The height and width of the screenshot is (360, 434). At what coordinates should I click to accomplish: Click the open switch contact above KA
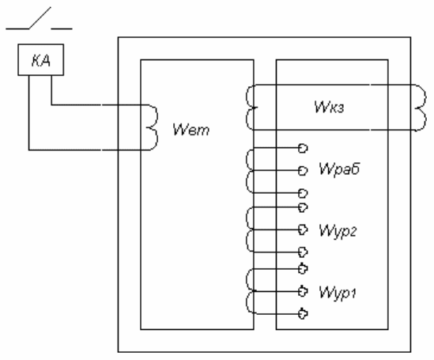pos(40,18)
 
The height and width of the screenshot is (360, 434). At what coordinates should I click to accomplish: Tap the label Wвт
pos(191,130)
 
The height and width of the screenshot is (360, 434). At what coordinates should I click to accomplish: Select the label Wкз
pos(329,107)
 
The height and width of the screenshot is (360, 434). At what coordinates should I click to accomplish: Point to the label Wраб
pos(339,169)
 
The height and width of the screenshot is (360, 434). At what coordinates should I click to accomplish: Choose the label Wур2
pos(338,231)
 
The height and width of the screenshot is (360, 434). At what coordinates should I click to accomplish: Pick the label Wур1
pos(338,293)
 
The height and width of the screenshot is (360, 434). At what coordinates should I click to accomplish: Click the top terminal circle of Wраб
pos(303,148)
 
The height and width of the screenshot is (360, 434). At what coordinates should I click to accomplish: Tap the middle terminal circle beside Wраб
pos(303,171)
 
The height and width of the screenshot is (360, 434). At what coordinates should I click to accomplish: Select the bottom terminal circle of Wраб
pos(303,193)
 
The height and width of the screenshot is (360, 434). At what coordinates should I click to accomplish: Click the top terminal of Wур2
pos(303,207)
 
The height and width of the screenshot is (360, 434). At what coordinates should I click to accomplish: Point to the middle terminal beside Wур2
pos(303,229)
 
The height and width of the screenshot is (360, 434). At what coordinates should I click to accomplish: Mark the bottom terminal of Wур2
pos(303,252)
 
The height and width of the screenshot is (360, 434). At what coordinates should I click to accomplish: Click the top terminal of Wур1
pos(303,269)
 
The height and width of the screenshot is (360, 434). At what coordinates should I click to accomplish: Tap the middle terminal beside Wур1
pos(303,291)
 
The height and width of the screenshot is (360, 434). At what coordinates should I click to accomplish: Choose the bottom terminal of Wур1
pos(303,314)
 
